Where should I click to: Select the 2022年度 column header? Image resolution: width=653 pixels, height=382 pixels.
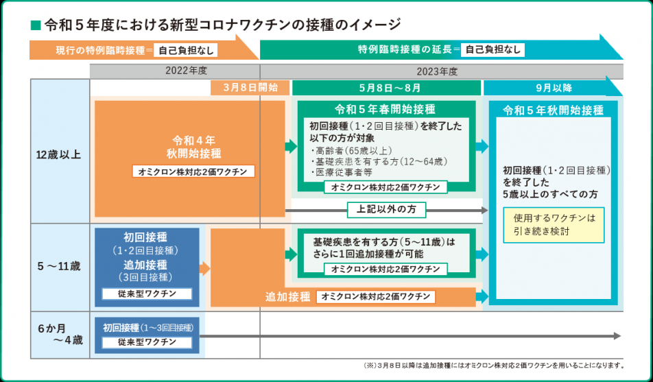(186, 71)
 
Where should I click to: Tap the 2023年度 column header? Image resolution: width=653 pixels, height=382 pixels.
(437, 71)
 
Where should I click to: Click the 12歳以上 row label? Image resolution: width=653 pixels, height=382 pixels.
(58, 155)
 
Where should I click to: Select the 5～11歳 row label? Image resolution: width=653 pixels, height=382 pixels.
(58, 265)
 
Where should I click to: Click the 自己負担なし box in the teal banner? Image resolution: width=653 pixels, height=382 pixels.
(492, 49)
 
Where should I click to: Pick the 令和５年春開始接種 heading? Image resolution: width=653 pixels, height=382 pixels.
(385, 109)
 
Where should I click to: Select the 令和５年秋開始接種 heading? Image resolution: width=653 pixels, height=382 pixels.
(553, 110)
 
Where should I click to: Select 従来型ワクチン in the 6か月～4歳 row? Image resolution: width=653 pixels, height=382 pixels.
(147, 342)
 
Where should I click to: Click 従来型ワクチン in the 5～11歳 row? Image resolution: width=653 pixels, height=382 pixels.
(147, 294)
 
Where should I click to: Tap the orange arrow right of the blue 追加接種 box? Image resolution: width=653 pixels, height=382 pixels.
(204, 268)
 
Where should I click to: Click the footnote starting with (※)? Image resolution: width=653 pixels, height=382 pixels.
(492, 365)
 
